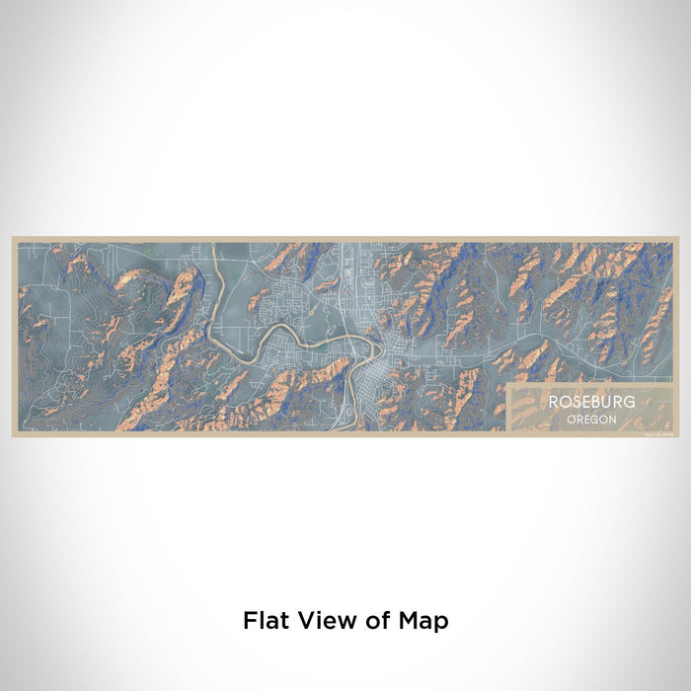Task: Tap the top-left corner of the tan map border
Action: point(13,237)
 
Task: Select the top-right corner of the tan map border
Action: point(678,237)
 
